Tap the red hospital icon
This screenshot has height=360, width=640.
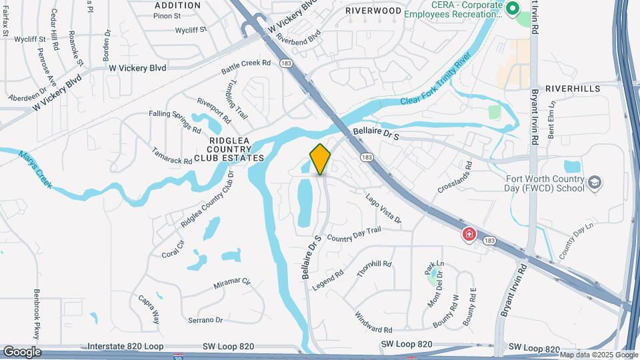(x=469, y=235)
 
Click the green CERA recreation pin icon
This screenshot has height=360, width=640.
(x=513, y=9)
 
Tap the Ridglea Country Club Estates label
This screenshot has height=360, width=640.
(x=229, y=149)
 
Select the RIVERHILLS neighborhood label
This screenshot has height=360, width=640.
(x=573, y=88)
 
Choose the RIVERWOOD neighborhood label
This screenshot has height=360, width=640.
(x=373, y=11)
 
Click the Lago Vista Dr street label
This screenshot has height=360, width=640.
(x=383, y=209)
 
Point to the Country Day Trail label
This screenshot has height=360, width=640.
(x=354, y=234)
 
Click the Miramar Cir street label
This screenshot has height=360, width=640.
(x=231, y=284)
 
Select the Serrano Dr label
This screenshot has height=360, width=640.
(x=205, y=320)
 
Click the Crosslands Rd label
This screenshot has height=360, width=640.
(x=455, y=177)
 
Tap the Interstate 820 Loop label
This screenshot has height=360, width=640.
(x=125, y=347)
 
